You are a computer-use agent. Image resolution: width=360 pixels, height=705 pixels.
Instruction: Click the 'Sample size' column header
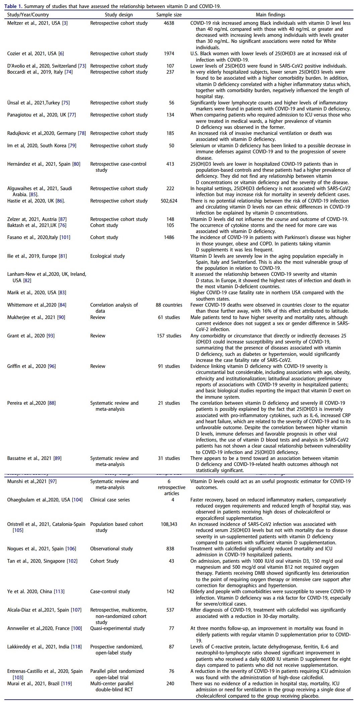[169, 15]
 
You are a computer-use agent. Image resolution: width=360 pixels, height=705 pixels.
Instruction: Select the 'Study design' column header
[119, 15]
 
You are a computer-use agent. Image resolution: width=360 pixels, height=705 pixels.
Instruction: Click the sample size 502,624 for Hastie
[169, 201]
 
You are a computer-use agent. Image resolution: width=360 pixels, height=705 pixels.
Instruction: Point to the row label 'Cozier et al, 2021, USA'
[32, 54]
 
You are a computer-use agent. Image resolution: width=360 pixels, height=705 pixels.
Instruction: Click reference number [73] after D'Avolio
[82, 66]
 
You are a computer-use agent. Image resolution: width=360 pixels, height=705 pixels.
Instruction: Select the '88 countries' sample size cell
[169, 305]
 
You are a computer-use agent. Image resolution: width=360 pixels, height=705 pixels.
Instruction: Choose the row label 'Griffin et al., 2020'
[31, 366]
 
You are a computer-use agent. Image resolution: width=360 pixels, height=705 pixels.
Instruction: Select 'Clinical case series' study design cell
[110, 500]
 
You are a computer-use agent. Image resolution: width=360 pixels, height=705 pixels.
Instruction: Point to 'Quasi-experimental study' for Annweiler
[117, 628]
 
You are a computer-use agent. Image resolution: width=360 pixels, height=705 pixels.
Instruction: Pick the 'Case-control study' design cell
[110, 592]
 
